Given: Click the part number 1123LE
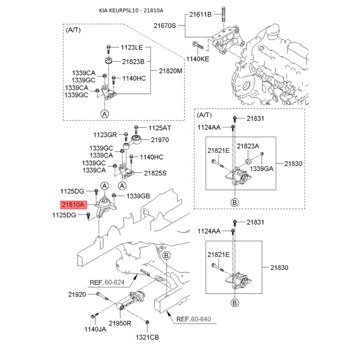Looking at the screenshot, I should pos(131,47).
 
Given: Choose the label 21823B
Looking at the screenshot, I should pos(133,61).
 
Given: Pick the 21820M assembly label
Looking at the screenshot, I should pos(171,71).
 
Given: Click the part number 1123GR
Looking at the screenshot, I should pos(105,135).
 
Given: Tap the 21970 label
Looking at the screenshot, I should pos(159,140).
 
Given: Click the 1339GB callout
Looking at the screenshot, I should pos(138,196).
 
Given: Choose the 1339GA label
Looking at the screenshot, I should pos(261,168).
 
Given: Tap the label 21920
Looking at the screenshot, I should pos(77,295).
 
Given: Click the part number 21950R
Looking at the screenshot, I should pos(120,323).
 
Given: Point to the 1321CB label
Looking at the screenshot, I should pos(148,337).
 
